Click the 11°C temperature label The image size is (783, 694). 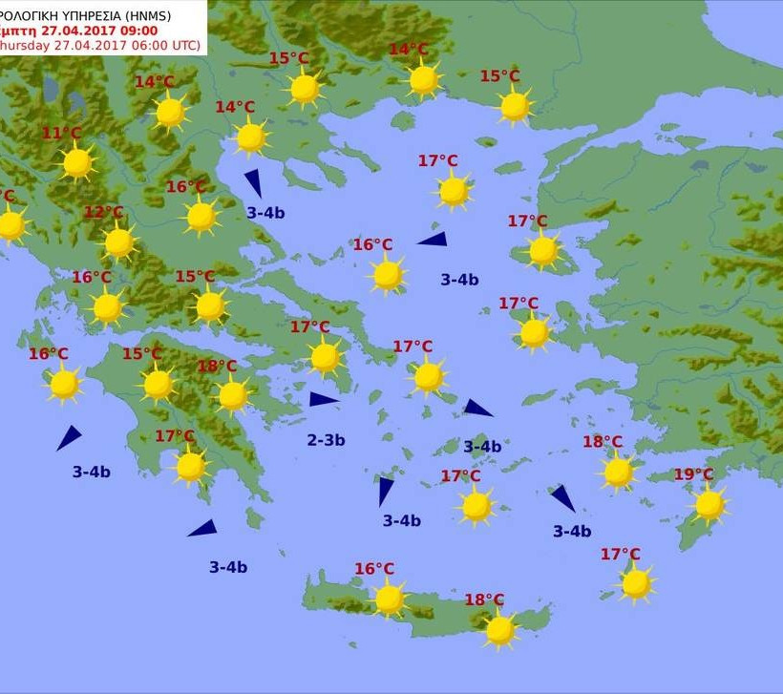pyautogui.click(x=62, y=134)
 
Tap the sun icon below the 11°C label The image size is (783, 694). pyautogui.click(x=77, y=163)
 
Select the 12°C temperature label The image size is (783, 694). pyautogui.click(x=104, y=212)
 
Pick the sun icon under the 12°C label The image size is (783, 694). pyautogui.click(x=119, y=242)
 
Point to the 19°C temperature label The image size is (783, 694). pyautogui.click(x=693, y=474)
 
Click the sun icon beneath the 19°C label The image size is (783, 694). pyautogui.click(x=709, y=504)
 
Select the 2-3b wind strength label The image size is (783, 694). pyautogui.click(x=326, y=440)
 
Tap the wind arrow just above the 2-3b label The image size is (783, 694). pyautogui.click(x=323, y=399)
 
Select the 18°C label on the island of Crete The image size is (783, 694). pyautogui.click(x=484, y=599)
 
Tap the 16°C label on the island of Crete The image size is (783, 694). pyautogui.click(x=374, y=569)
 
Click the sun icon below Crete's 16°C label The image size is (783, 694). pyautogui.click(x=389, y=599)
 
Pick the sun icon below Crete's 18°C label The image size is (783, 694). pyautogui.click(x=499, y=629)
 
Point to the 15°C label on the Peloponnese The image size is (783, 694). pyautogui.click(x=141, y=354)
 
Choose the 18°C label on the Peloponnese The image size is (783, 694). pyautogui.click(x=217, y=367)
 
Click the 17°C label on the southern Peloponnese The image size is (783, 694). pyautogui.click(x=175, y=436)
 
